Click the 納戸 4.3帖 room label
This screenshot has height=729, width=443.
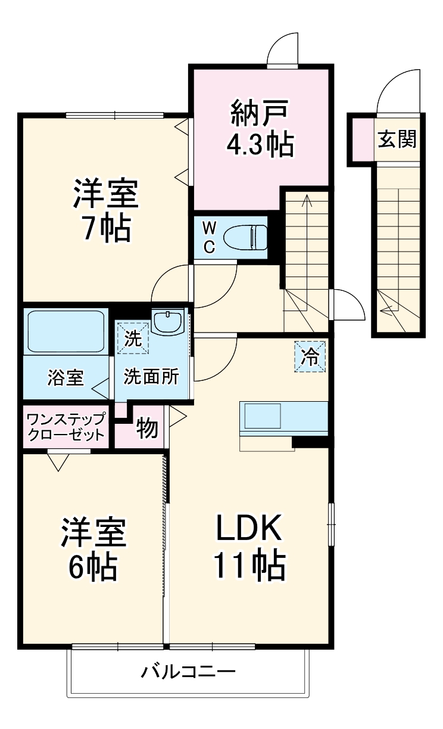pyautogui.click(x=261, y=128)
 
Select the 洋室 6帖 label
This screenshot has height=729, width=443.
pyautogui.click(x=93, y=549)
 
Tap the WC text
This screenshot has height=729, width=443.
pyautogui.click(x=209, y=237)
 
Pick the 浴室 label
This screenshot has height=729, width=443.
pyautogui.click(x=65, y=378)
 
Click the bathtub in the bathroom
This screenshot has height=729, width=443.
pyautogui.click(x=65, y=331)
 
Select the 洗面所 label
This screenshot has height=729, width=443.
pyautogui.click(x=151, y=378)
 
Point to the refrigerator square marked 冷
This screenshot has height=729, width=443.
pyautogui.click(x=310, y=356)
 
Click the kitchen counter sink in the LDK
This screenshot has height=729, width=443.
pyautogui.click(x=260, y=415)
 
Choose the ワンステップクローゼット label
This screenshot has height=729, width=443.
pyautogui.click(x=66, y=426)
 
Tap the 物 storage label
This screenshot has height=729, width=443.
pyautogui.click(x=147, y=428)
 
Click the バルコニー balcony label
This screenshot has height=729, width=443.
pyautogui.click(x=188, y=672)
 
